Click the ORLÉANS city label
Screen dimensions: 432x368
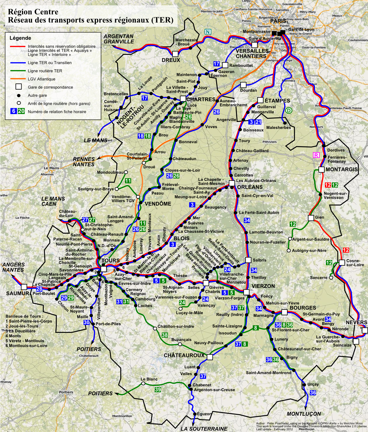250,187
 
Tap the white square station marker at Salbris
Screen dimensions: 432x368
248,260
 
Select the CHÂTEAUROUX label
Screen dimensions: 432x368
184,355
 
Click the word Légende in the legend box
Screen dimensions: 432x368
20,38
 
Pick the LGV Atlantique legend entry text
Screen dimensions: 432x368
41,79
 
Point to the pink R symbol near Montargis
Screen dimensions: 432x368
316,155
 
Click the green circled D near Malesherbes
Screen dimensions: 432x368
288,111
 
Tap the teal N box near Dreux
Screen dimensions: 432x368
208,32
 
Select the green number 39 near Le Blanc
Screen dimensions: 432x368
158,389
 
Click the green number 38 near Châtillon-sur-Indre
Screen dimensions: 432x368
165,335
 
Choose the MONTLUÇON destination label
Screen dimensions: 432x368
304,414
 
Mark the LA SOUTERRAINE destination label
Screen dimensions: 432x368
204,429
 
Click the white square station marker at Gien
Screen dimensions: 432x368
311,218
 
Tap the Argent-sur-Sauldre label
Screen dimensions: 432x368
311,239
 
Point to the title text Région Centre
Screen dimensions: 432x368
33,12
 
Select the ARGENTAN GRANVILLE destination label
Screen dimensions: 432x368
119,39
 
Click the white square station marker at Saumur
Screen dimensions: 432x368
24,287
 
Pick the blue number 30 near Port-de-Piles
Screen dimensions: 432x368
87,322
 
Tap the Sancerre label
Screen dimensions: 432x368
318,278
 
